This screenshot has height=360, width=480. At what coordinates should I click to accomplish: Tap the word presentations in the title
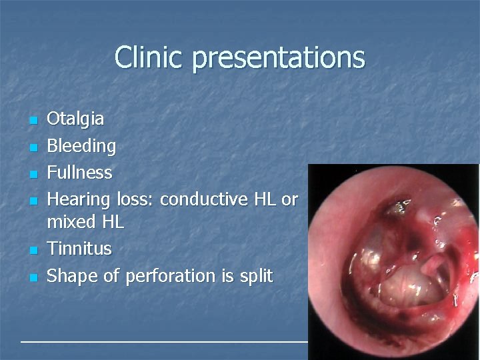click(278, 58)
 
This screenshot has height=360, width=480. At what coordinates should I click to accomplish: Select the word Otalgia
click(75, 119)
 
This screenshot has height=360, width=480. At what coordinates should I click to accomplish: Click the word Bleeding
click(81, 145)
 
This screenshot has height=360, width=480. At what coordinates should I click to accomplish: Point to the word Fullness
click(79, 172)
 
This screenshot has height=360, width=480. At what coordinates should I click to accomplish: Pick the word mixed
click(71, 222)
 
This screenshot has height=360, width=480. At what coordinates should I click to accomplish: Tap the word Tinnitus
click(79, 249)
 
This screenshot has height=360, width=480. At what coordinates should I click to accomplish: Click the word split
click(255, 275)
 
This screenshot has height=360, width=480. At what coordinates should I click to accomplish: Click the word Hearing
click(79, 199)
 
